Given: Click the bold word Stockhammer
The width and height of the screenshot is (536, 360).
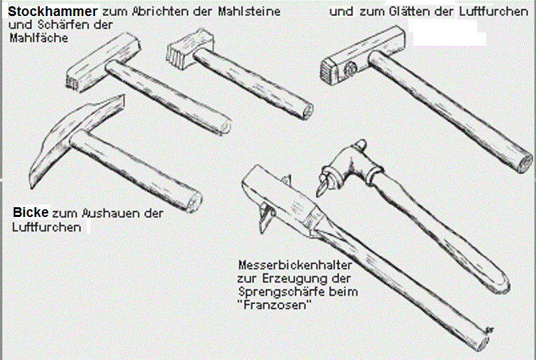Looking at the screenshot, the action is [52, 11].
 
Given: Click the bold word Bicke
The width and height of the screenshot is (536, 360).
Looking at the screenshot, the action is [31, 213].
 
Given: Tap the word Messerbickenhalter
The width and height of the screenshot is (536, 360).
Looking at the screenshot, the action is [295, 264].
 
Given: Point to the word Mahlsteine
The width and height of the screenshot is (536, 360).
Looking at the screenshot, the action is [249, 11].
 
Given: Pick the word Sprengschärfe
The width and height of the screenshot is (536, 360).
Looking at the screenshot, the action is [282, 292].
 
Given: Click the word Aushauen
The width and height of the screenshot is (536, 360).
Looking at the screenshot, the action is [110, 213].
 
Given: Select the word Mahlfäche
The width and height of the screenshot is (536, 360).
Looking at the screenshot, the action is [38, 38].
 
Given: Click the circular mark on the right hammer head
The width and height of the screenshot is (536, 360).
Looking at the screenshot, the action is [350, 69].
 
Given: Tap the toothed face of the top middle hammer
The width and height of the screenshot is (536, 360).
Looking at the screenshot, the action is [175, 55].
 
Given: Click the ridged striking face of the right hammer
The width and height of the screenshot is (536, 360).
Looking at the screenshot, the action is [327, 73].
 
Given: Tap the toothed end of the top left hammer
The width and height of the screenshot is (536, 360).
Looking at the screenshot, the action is [73, 83].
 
